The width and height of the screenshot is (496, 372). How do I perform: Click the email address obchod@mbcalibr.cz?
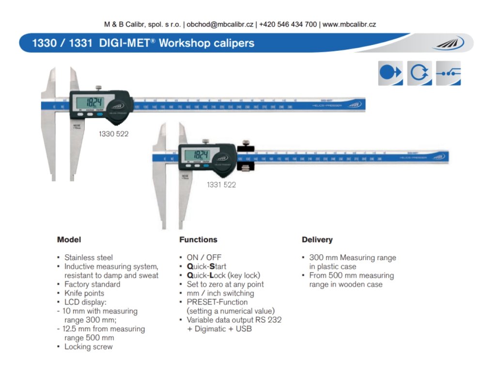click(x=221, y=24)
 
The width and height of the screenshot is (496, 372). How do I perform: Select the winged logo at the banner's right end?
click(x=449, y=44)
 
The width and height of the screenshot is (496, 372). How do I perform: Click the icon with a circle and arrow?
click(x=390, y=73)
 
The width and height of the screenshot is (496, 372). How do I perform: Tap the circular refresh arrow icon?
click(x=419, y=73)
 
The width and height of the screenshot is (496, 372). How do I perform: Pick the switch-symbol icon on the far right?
click(x=449, y=73)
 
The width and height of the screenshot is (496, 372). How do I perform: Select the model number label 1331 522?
click(x=221, y=185)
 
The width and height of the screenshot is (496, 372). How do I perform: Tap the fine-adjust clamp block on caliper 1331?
click(x=247, y=160)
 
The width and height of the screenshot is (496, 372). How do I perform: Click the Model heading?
click(x=69, y=240)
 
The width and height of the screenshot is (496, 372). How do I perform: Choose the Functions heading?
click(x=198, y=240)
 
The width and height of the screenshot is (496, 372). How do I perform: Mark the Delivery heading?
click(x=317, y=240)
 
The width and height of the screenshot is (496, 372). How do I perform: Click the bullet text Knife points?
click(x=84, y=293)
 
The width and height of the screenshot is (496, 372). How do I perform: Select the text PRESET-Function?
click(x=217, y=302)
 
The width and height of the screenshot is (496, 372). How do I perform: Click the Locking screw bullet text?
click(x=88, y=347)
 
